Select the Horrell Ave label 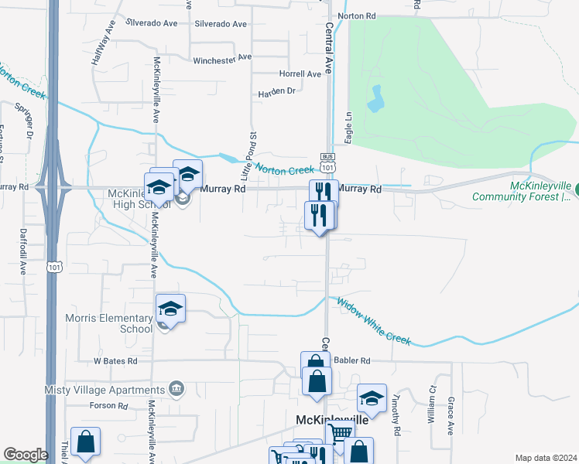[300, 74]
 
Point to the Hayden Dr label [277, 91]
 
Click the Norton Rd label [357, 16]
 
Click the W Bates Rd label [115, 361]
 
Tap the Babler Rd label [354, 361]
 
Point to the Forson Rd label [108, 406]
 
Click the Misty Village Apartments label [94, 389]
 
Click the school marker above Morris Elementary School [170, 309]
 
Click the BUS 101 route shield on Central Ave [328, 165]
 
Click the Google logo [26, 455]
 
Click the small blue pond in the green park [377, 98]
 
